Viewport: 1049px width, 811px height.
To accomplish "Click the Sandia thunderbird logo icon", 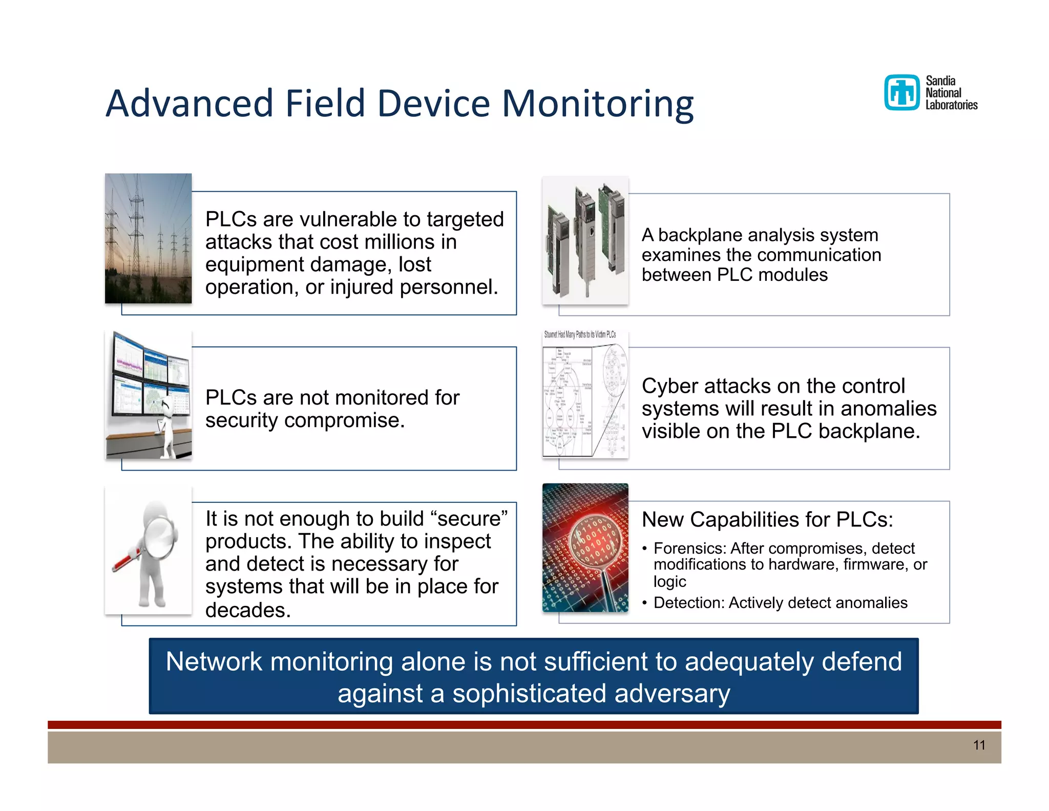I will tap(902, 93).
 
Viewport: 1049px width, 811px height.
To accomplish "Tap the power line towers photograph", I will tap(148, 238).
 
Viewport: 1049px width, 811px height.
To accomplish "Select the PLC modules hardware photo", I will tap(585, 240).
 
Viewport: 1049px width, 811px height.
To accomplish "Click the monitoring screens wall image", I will tap(149, 395).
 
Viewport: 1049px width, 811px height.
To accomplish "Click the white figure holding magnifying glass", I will tap(149, 551).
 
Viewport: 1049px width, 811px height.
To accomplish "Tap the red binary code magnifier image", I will tap(585, 548).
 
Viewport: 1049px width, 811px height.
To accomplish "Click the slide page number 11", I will tap(979, 745).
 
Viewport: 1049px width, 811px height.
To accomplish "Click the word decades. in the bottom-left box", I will tap(248, 610).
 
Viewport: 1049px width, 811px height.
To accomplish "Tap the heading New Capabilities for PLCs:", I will tap(767, 520).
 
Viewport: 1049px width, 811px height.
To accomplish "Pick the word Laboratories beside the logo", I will tap(951, 105).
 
